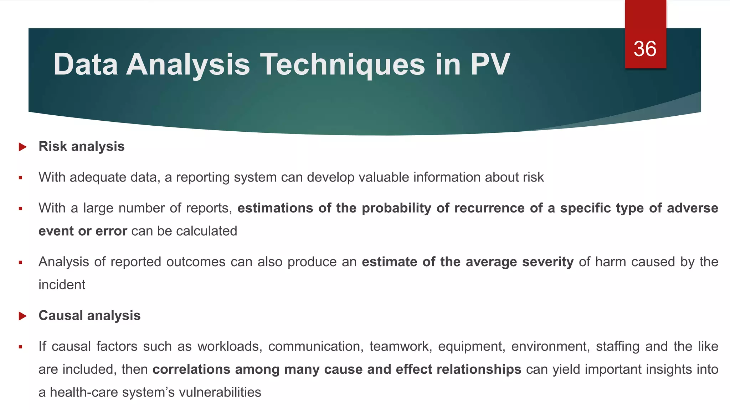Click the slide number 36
(x=645, y=49)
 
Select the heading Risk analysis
(x=81, y=146)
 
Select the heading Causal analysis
(x=89, y=315)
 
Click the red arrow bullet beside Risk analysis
(x=22, y=147)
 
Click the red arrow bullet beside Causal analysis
(x=22, y=316)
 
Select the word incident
(x=62, y=285)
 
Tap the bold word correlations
(x=191, y=369)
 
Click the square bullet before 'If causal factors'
(x=21, y=347)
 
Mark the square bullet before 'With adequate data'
(x=21, y=178)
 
